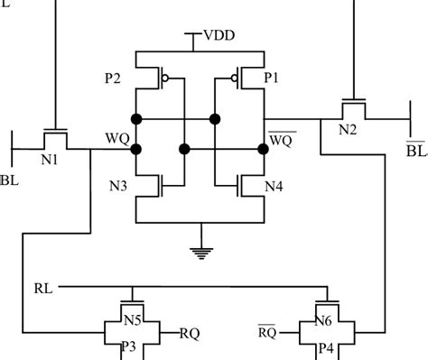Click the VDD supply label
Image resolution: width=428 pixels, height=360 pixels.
pyautogui.click(x=219, y=37)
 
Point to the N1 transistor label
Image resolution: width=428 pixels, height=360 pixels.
pyautogui.click(x=51, y=161)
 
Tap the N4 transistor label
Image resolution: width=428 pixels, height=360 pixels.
pyautogui.click(x=274, y=187)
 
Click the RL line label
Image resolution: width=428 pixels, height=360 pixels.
pyautogui.click(x=42, y=290)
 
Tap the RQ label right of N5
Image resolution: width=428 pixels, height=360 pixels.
pyautogui.click(x=191, y=332)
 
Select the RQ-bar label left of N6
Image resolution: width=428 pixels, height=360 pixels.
pyautogui.click(x=268, y=332)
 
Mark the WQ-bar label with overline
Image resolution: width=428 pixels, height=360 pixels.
pyautogui.click(x=279, y=139)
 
